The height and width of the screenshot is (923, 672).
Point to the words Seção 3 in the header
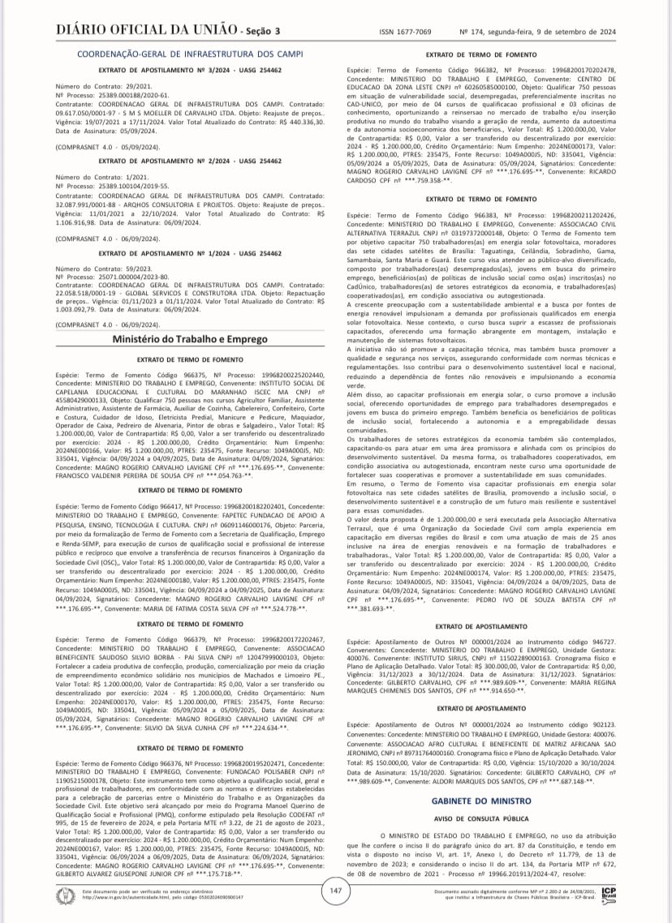click(x=261, y=31)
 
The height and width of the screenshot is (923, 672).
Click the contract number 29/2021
click(x=135, y=85)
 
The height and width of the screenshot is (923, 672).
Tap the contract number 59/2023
click(x=135, y=268)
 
